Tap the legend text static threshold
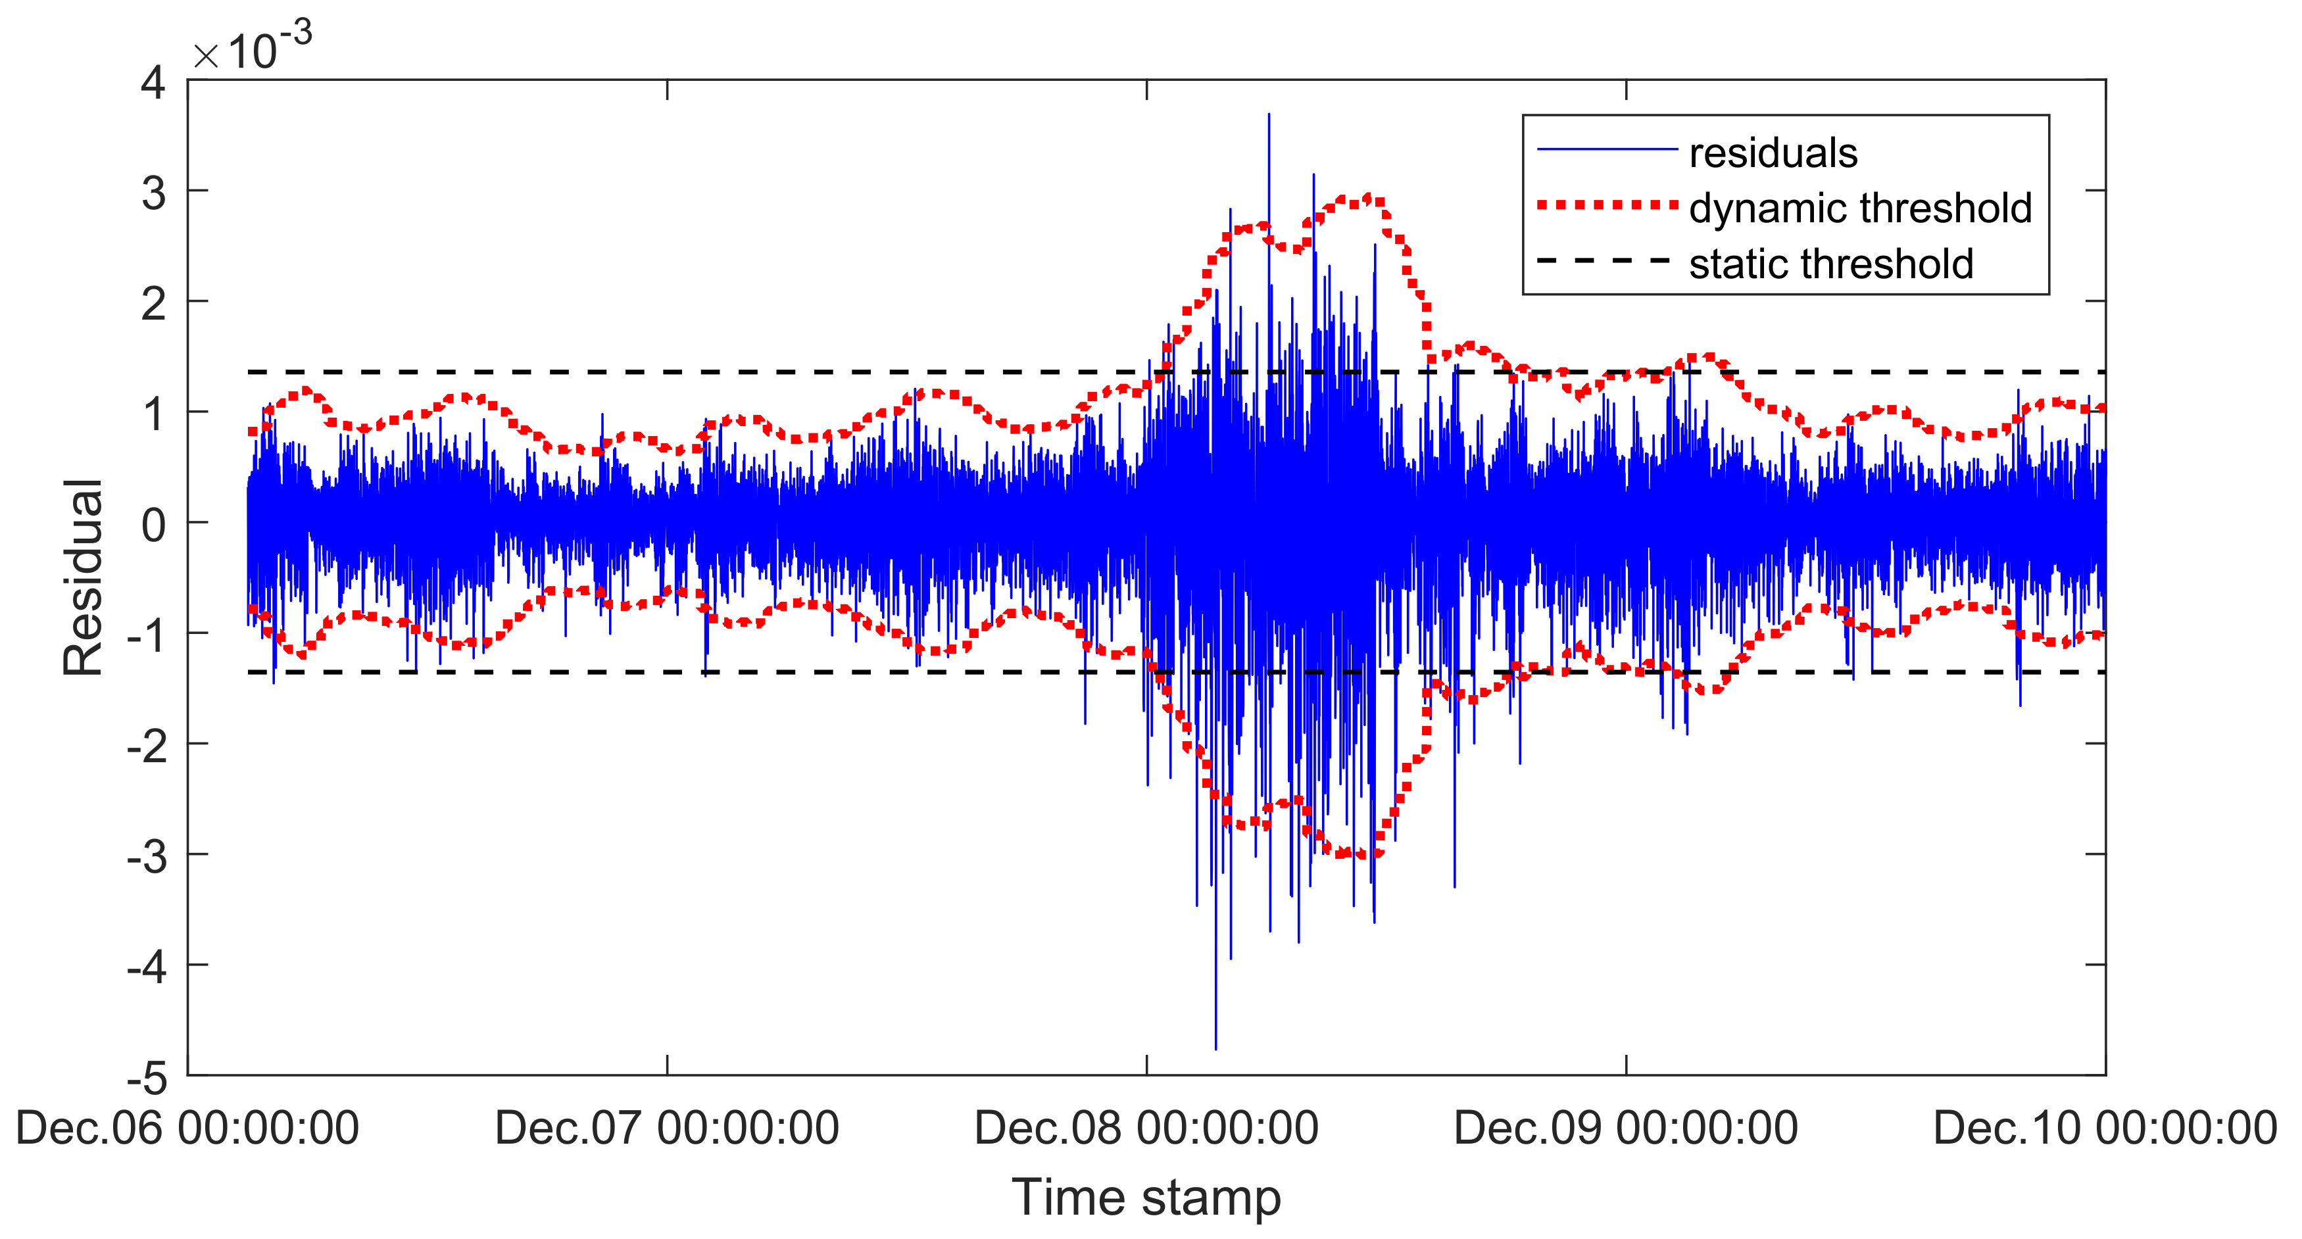1830,264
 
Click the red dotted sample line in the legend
1606,205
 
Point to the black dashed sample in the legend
1606,261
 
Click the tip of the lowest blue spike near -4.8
1215,1048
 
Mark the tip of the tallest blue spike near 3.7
1268,114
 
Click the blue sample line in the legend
1606,149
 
